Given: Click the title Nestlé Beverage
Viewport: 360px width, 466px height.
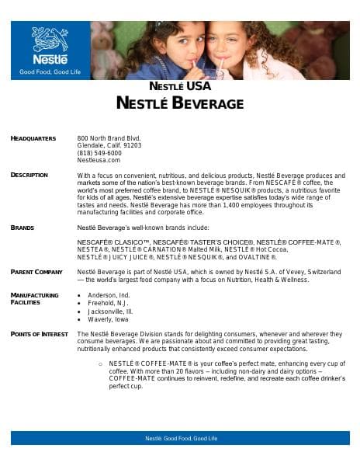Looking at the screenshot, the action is pyautogui.click(x=180, y=103).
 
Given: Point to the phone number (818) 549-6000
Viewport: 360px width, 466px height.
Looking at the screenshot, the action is pyautogui.click(x=99, y=153).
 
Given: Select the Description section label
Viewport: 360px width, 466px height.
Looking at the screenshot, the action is pyautogui.click(x=29, y=176).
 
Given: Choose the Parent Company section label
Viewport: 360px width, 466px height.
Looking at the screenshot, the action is pyautogui.click(x=36, y=272).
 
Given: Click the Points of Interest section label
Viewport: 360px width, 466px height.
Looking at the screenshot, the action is pyautogui.click(x=39, y=333).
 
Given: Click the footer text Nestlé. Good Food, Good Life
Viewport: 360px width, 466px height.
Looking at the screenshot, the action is pyautogui.click(x=180, y=439).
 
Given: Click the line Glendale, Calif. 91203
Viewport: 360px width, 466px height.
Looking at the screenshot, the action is pyautogui.click(x=109, y=145).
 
